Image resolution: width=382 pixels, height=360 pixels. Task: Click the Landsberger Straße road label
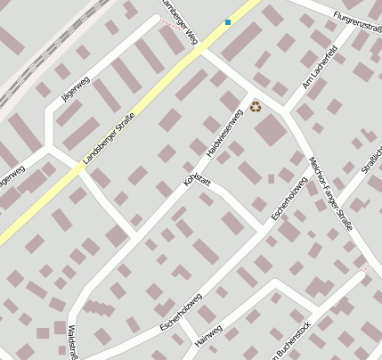[108, 139]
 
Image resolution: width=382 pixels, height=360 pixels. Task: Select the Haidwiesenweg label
[224, 134]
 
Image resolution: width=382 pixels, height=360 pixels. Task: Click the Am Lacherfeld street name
[320, 68]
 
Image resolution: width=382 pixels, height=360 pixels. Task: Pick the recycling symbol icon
[256, 106]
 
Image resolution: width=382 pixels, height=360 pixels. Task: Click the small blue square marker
[228, 21]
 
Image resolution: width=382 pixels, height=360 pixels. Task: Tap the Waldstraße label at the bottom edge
[72, 342]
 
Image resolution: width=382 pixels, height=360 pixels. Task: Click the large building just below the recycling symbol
[271, 132]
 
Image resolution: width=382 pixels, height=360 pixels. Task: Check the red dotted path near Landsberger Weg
[173, 26]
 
